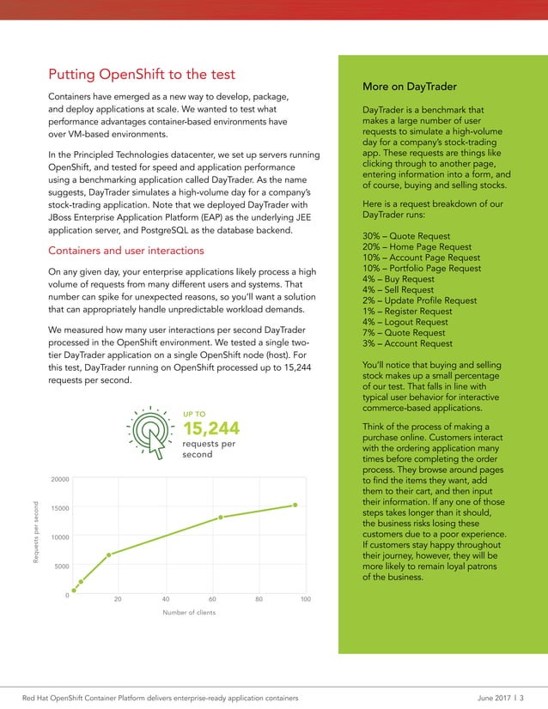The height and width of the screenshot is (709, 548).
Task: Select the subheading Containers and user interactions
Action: (x=126, y=251)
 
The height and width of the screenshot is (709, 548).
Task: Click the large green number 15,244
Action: (x=211, y=428)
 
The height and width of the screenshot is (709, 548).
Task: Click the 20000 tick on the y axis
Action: (x=60, y=479)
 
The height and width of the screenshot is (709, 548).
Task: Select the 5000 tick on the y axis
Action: (x=63, y=567)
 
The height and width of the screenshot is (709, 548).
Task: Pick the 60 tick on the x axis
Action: (x=212, y=598)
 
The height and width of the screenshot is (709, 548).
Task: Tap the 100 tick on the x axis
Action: (x=306, y=598)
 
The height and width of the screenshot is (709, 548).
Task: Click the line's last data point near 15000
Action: (x=295, y=505)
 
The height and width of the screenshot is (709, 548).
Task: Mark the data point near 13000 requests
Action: (x=221, y=517)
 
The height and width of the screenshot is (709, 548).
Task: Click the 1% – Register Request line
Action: (x=414, y=312)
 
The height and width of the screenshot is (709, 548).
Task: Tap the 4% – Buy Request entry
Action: (x=399, y=279)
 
